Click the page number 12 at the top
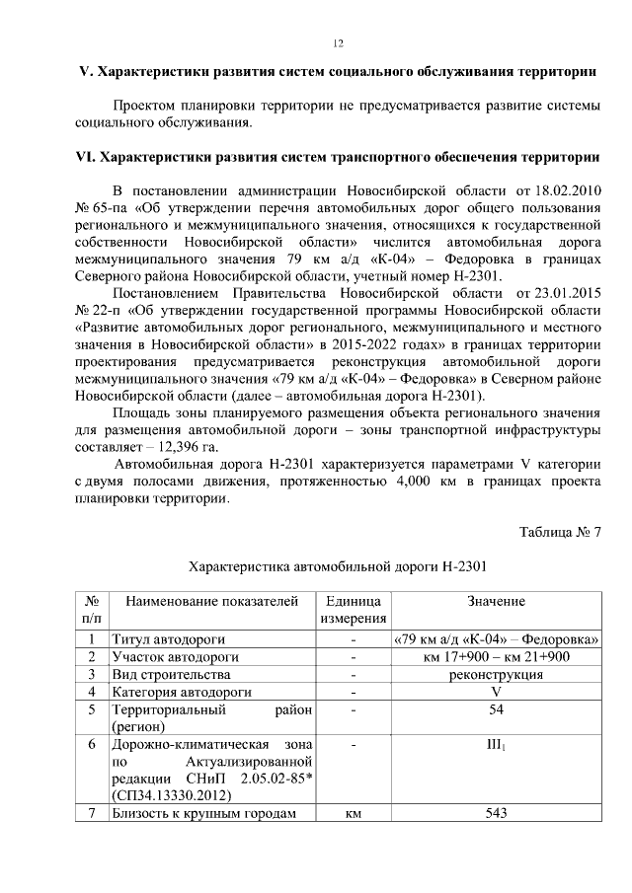[337, 43]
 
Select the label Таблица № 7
[560, 533]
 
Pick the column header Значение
[496, 601]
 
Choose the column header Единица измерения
[353, 610]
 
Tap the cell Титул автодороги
[169, 639]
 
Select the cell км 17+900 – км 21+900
[496, 657]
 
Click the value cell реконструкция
[496, 675]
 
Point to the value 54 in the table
[496, 709]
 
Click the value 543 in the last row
[496, 813]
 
